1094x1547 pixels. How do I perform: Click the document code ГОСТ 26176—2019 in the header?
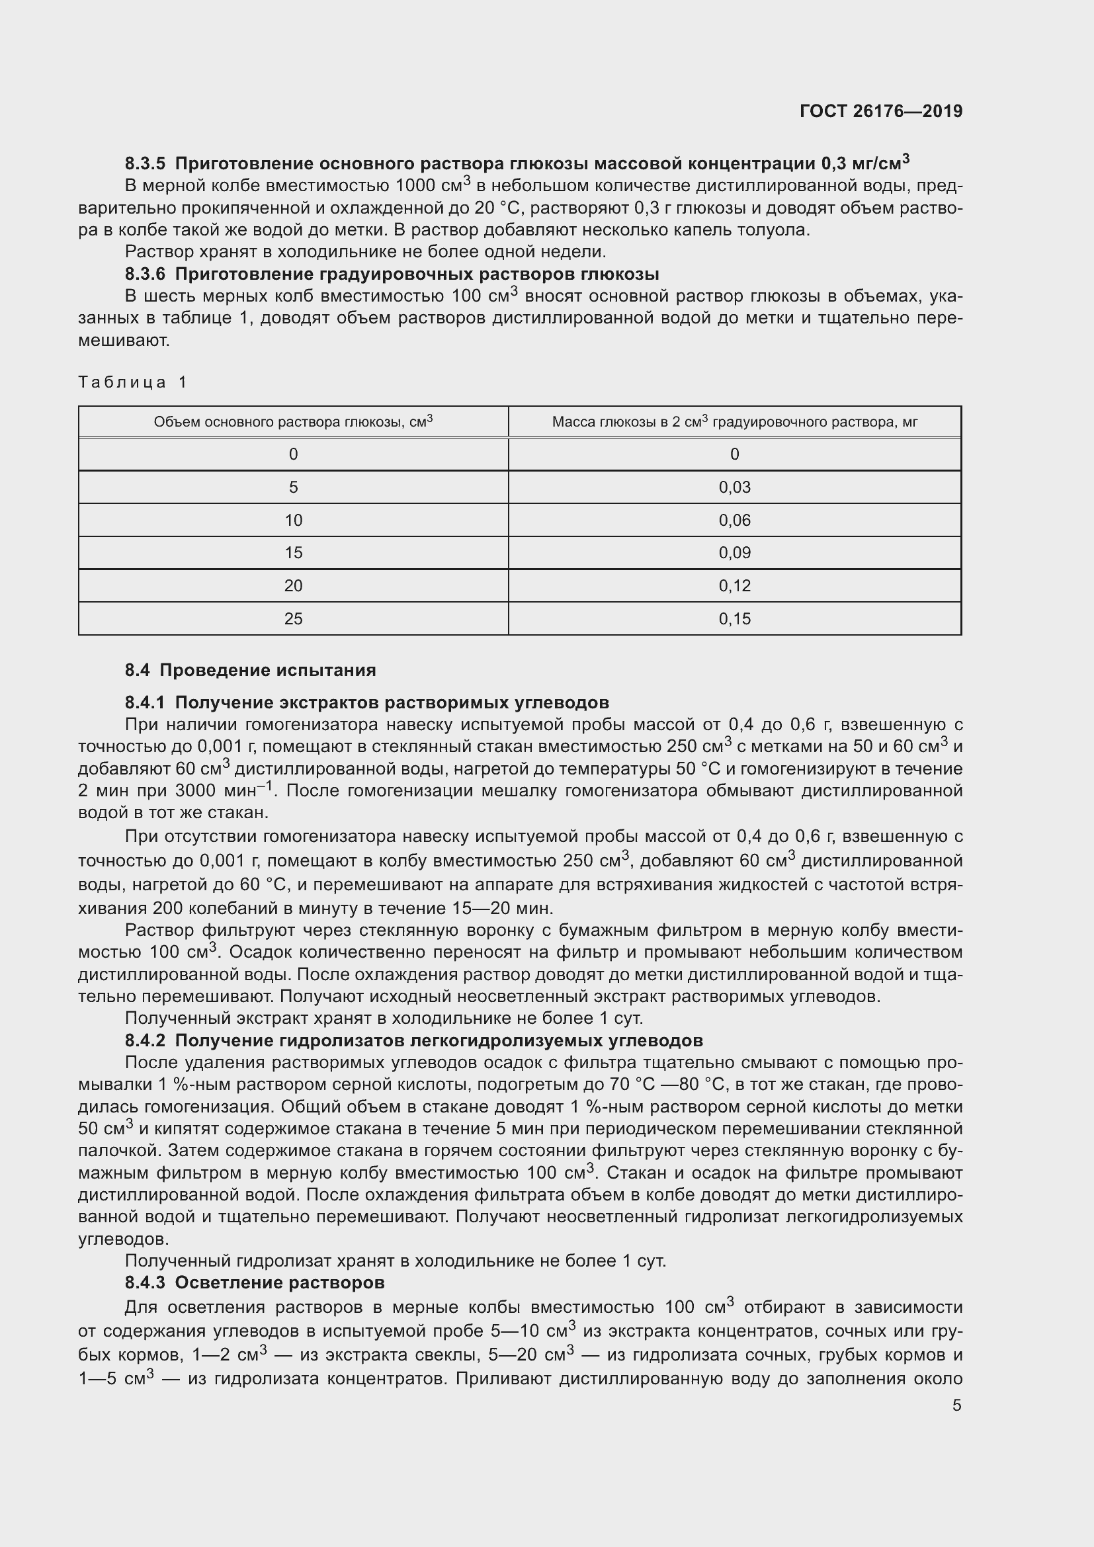coord(880,111)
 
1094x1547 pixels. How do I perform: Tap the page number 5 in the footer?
coord(956,1405)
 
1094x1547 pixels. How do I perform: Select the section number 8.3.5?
coord(145,164)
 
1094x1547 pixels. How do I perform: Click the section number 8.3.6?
coord(145,274)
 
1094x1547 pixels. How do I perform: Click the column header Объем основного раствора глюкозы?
coord(293,422)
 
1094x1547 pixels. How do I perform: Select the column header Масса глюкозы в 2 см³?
coord(734,422)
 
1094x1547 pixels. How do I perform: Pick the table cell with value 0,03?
coord(734,487)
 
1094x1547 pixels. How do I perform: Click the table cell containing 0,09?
coord(734,553)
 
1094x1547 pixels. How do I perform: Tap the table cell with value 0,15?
coord(734,618)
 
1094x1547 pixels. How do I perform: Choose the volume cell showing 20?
coord(293,586)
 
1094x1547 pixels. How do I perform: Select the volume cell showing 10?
coord(293,520)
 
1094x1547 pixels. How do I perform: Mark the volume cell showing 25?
coord(293,618)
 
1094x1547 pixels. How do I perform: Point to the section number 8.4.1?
coord(145,703)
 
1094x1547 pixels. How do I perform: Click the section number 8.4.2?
coord(145,1041)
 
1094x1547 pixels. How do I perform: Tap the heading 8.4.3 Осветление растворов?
coord(255,1282)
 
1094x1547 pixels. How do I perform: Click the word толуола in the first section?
coord(774,230)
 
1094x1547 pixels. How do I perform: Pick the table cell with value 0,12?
coord(734,586)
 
